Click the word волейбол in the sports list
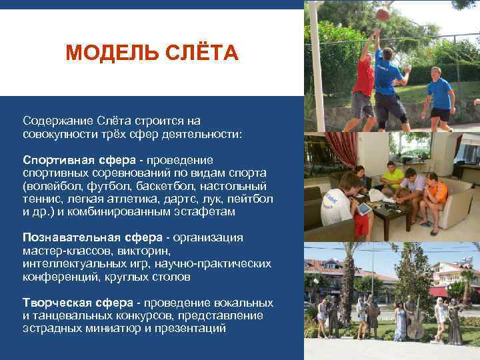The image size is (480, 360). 51,186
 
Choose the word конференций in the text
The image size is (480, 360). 56,277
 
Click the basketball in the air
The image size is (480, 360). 382,14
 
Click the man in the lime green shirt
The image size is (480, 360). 393,178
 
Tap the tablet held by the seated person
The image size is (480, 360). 363,209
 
